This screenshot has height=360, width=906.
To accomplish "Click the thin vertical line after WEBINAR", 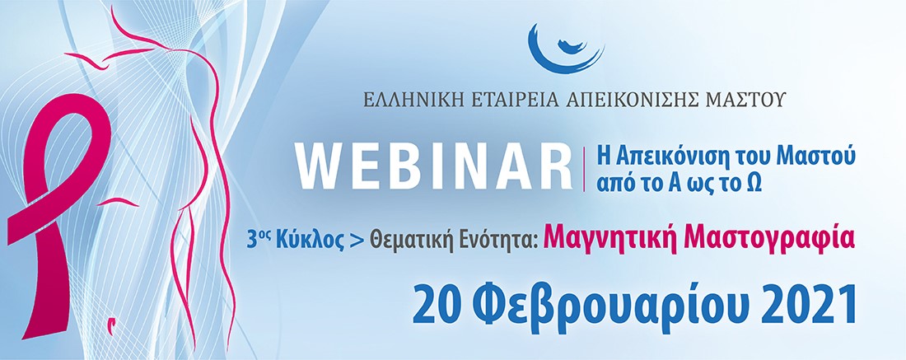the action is (584, 169).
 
